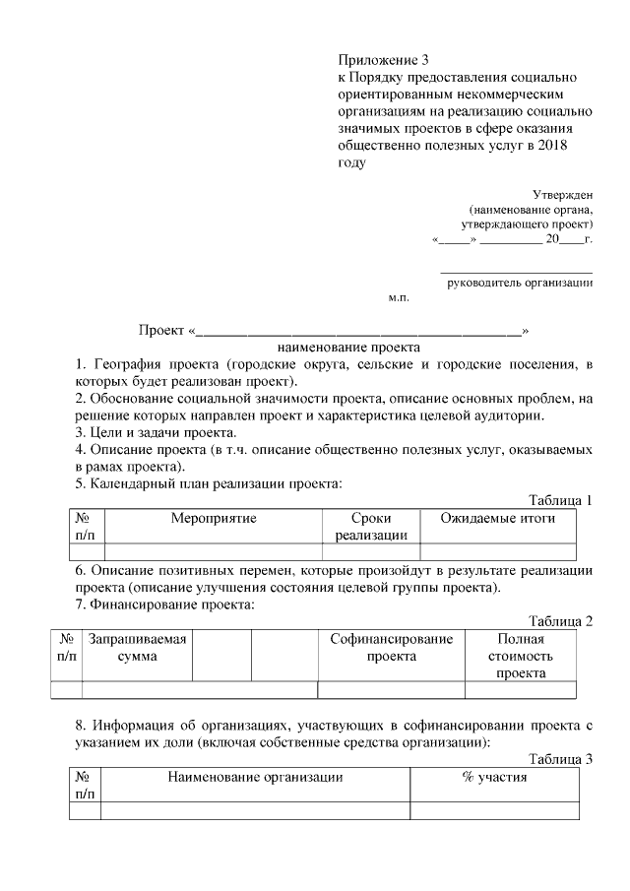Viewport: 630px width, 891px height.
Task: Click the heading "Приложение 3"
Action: tap(385, 61)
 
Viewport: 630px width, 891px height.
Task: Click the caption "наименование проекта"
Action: tap(335, 348)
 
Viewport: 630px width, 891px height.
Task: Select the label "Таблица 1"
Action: tap(559, 500)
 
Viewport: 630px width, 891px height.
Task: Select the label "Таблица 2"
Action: tap(559, 621)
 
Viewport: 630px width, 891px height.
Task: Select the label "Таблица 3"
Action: tap(559, 759)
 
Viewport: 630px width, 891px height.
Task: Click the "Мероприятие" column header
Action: tap(213, 519)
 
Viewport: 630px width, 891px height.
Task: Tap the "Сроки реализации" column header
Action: tap(371, 527)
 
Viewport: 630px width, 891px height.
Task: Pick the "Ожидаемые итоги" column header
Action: tap(498, 519)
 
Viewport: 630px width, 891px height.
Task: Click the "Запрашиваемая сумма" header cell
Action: tap(138, 648)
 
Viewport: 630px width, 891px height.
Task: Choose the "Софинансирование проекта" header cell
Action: tap(391, 648)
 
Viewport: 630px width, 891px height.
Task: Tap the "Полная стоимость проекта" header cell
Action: tap(521, 656)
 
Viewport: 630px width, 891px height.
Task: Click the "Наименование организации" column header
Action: tap(255, 778)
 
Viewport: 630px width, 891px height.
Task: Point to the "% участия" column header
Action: tap(494, 778)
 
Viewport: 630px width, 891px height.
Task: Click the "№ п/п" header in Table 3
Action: tap(85, 786)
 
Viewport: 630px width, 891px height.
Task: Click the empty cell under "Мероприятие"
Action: tap(213, 551)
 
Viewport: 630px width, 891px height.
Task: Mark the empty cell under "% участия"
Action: tap(494, 811)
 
